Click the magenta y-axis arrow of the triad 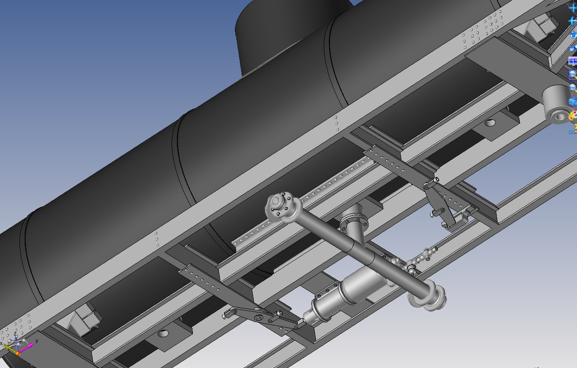point(26,348)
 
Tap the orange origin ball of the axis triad point(18,353)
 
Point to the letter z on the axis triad point(15,334)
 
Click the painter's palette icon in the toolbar point(573,116)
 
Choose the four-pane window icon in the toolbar point(573,61)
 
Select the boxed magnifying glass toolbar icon point(573,75)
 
